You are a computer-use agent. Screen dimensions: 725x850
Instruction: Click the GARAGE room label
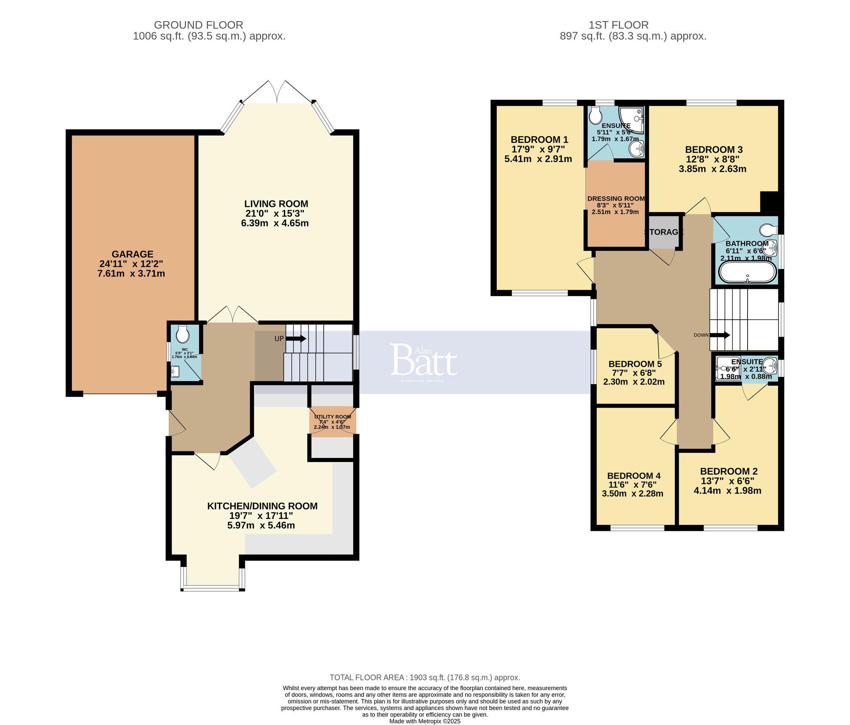[x=132, y=254]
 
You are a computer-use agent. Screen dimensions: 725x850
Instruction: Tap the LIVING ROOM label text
[x=276, y=204]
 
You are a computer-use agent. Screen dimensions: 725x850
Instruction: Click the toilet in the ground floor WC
[x=182, y=335]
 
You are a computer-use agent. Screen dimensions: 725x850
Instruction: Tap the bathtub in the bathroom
[x=747, y=272]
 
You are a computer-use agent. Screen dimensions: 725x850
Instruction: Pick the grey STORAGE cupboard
[x=664, y=232]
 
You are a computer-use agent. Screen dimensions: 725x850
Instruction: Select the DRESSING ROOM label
[x=616, y=198]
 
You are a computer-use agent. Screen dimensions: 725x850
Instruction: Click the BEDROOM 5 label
[x=635, y=364]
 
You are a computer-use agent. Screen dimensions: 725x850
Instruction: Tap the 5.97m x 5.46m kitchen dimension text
[x=261, y=525]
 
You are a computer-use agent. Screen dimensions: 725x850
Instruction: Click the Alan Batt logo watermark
[x=423, y=361]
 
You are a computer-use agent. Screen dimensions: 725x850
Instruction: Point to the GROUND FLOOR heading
[x=198, y=25]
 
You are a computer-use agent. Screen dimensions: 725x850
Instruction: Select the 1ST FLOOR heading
[x=618, y=25]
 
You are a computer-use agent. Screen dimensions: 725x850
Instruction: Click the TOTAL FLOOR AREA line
[x=425, y=677]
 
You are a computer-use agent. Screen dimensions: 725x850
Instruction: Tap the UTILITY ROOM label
[x=332, y=417]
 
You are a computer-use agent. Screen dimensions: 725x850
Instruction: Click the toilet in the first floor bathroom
[x=768, y=230]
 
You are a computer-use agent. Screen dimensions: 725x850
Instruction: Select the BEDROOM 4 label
[x=634, y=476]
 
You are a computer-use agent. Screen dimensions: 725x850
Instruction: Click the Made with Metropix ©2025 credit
[x=425, y=721]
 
